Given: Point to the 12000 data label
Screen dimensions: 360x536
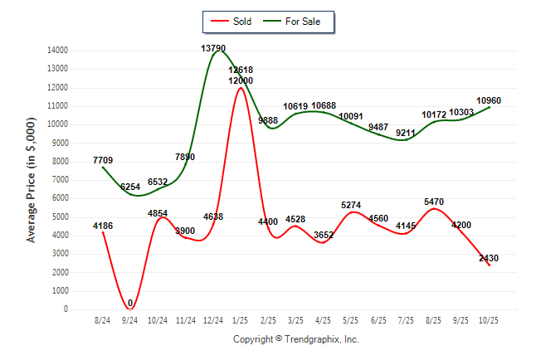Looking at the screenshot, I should (x=241, y=80).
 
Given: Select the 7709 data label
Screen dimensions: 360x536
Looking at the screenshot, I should (x=104, y=159).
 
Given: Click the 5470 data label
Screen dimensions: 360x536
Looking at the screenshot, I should (x=433, y=202).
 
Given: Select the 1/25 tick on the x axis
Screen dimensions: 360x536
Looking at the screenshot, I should (x=241, y=320).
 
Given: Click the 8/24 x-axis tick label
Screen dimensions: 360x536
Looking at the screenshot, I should (x=103, y=320).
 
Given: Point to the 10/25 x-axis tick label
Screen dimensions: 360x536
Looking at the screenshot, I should (x=489, y=320).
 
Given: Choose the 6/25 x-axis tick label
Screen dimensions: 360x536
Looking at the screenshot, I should (x=378, y=320).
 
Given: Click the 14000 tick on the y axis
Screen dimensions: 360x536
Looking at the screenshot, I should (x=58, y=51).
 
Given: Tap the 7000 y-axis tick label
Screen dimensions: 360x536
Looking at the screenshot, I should (x=60, y=180).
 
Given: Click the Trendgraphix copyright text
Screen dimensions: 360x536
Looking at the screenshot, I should (x=295, y=339).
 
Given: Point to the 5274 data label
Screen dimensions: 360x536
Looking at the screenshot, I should (x=351, y=205).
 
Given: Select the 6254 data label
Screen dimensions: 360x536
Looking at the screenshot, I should (x=131, y=187).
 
